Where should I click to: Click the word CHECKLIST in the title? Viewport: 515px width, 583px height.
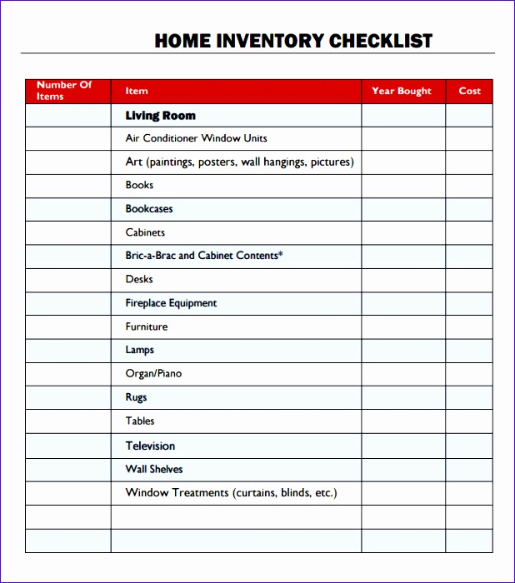click(x=381, y=41)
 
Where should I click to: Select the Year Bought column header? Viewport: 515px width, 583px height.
click(x=402, y=91)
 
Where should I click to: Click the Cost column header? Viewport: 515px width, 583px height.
click(x=469, y=91)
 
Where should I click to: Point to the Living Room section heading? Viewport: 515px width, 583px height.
click(x=161, y=116)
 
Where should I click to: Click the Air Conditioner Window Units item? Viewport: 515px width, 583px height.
click(x=196, y=138)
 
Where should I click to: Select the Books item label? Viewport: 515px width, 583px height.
click(x=139, y=185)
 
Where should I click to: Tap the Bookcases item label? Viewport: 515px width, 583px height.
click(x=149, y=209)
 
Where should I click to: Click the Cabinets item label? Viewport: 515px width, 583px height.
click(x=145, y=232)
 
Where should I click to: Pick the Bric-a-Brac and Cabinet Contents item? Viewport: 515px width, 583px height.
click(x=204, y=256)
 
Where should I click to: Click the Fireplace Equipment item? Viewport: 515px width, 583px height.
click(x=171, y=303)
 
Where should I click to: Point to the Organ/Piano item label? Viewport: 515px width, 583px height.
click(x=153, y=373)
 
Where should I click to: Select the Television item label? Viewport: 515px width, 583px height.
click(x=150, y=446)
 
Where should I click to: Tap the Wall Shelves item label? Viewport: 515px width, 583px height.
click(x=154, y=469)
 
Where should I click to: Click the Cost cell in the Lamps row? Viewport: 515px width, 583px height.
click(x=469, y=351)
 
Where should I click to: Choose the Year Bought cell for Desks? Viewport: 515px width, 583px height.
click(x=402, y=280)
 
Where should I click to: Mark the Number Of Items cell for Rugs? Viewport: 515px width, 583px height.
click(x=68, y=398)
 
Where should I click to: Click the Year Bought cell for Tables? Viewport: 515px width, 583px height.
click(x=402, y=421)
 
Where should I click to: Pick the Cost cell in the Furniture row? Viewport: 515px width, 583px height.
click(x=469, y=327)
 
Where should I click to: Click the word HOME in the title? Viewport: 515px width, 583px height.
click(x=184, y=41)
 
